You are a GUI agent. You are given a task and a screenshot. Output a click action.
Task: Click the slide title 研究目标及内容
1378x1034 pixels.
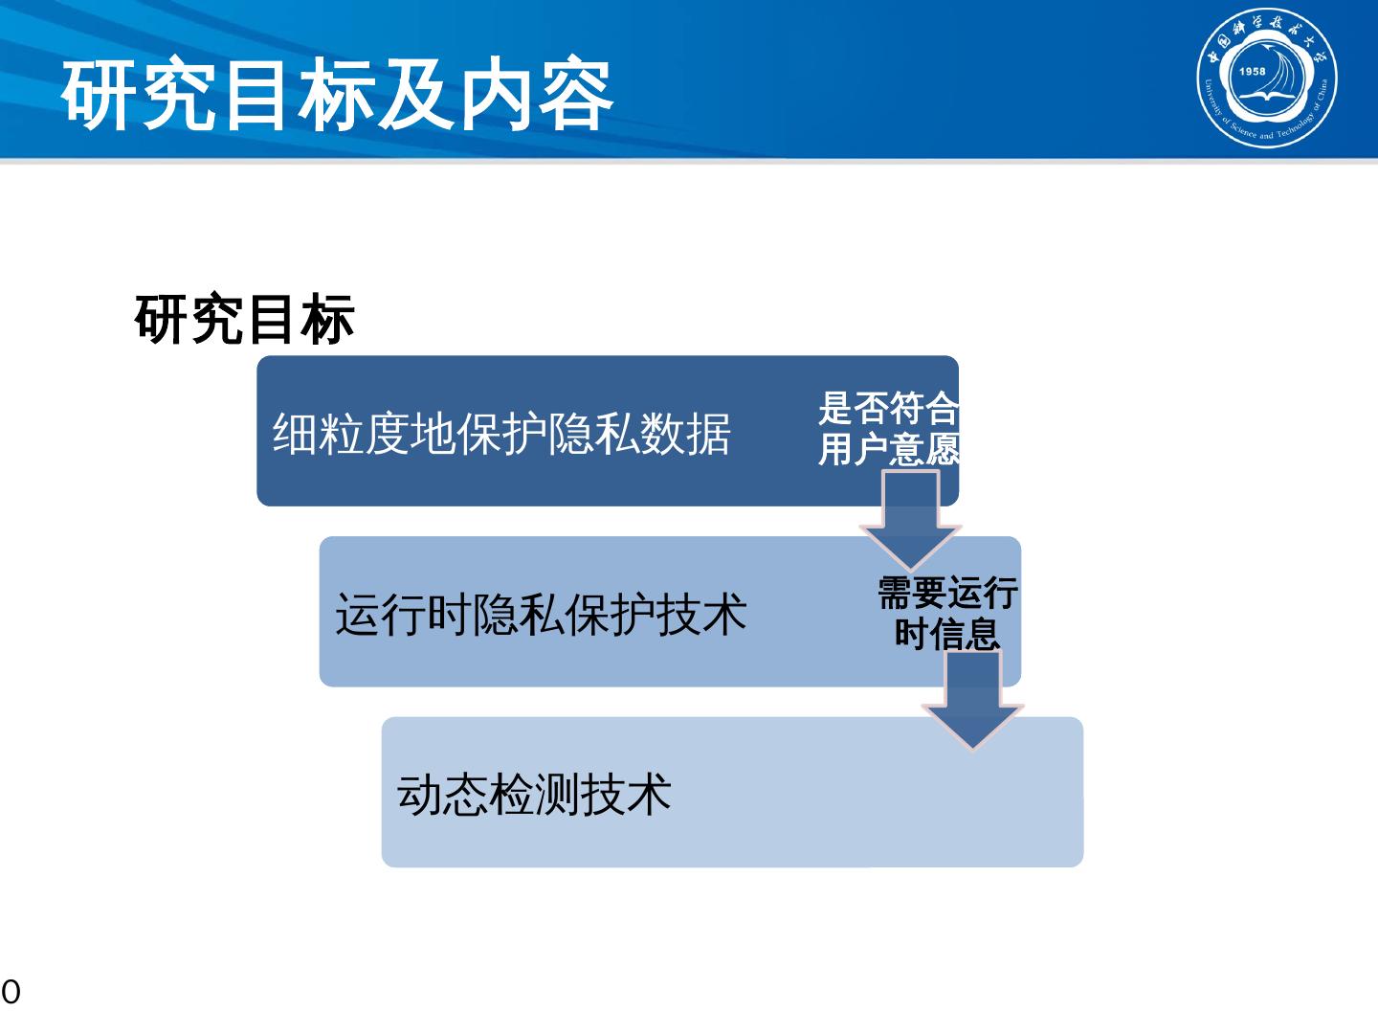point(337,96)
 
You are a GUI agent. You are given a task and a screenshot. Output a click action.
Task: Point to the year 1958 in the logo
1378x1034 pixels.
point(1252,72)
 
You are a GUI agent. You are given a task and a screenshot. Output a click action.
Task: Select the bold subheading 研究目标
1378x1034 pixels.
point(245,320)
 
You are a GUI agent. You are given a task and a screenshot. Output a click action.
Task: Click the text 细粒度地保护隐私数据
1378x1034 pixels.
point(501,434)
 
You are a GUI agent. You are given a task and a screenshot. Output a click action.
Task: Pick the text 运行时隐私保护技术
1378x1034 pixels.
point(541,614)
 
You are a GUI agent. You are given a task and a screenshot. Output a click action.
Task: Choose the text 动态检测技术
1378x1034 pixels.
point(534,794)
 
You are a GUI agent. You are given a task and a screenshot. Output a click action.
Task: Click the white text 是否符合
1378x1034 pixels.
point(888,409)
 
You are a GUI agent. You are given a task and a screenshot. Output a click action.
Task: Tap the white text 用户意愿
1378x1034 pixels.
point(888,449)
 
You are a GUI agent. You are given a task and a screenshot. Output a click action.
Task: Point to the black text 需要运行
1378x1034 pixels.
point(947,593)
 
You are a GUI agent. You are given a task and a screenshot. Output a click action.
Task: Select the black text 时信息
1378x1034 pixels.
point(947,633)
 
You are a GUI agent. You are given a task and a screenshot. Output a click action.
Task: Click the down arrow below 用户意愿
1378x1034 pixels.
point(910,522)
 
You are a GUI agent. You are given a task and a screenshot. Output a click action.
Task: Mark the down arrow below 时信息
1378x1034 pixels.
point(973,704)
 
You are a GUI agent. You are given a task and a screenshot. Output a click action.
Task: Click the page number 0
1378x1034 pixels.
point(11,993)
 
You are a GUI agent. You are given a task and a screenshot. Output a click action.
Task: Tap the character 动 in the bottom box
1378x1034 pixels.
point(419,794)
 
